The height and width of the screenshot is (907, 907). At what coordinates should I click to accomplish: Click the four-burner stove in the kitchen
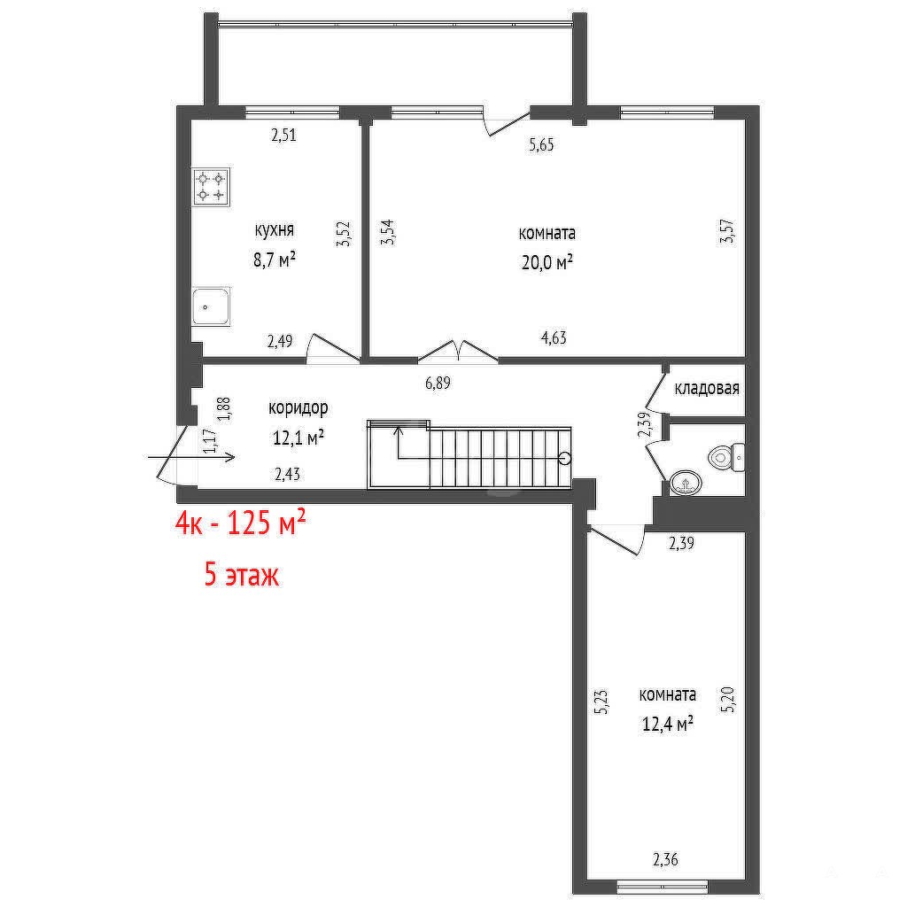pyautogui.click(x=211, y=187)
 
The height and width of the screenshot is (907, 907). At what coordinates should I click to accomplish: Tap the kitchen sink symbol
pyautogui.click(x=211, y=306)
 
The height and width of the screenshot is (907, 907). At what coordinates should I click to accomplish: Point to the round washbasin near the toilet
pyautogui.click(x=686, y=482)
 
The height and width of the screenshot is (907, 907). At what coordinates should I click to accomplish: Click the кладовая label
pyautogui.click(x=707, y=388)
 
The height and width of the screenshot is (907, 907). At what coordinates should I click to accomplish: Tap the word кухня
pyautogui.click(x=275, y=230)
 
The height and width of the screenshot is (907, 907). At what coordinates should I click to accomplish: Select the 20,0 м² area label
pyautogui.click(x=547, y=263)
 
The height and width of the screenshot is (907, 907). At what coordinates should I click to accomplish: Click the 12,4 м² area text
pyautogui.click(x=668, y=724)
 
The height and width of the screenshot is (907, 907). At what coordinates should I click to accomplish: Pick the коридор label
pyautogui.click(x=298, y=408)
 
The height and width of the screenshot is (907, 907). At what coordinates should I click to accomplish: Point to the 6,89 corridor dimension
pyautogui.click(x=438, y=383)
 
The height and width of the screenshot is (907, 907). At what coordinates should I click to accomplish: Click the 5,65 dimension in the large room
pyautogui.click(x=541, y=144)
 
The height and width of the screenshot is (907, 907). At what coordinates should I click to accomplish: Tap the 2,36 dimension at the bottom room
pyautogui.click(x=665, y=859)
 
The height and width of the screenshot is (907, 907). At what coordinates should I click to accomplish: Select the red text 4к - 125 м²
pyautogui.click(x=241, y=524)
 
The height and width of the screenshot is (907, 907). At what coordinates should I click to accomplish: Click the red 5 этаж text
pyautogui.click(x=242, y=576)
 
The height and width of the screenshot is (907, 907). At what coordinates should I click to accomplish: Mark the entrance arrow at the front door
pyautogui.click(x=191, y=458)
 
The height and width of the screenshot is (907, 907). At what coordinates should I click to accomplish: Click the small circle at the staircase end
pyautogui.click(x=565, y=459)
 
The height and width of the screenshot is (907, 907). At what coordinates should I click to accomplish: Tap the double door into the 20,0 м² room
pyautogui.click(x=458, y=352)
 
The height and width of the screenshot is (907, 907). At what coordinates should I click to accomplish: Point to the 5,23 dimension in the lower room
pyautogui.click(x=602, y=702)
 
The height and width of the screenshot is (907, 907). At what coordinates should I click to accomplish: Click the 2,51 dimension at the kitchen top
pyautogui.click(x=284, y=136)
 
